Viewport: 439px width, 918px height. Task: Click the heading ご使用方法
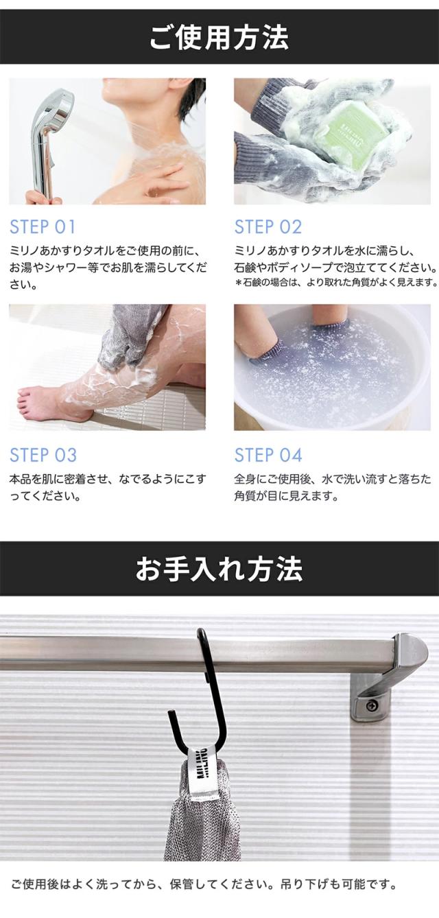point(219,37)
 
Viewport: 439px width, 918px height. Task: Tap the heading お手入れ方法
point(219,568)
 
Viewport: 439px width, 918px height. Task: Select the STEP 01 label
point(43,227)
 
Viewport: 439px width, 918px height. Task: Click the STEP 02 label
point(268,227)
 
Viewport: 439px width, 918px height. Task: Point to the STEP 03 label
point(43,456)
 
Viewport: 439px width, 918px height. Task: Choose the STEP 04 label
point(268,456)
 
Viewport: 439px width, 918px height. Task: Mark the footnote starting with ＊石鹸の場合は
point(336,283)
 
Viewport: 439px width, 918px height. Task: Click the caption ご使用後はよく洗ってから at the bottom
point(204,884)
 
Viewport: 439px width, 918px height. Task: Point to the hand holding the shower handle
point(42,198)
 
